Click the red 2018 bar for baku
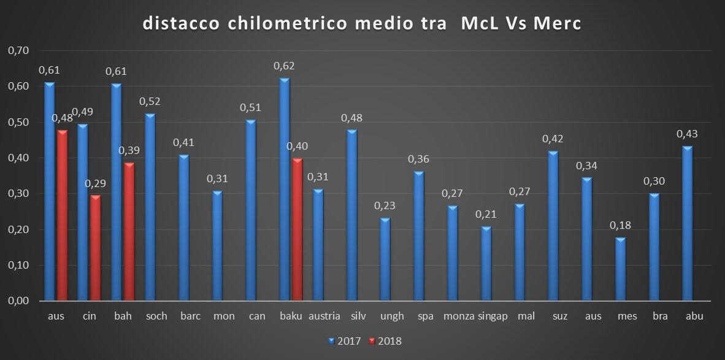click(x=297, y=230)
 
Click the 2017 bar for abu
click(x=687, y=224)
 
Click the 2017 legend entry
click(x=347, y=340)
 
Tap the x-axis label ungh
click(x=393, y=316)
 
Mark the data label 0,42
click(x=553, y=139)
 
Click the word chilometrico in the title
click(x=278, y=24)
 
